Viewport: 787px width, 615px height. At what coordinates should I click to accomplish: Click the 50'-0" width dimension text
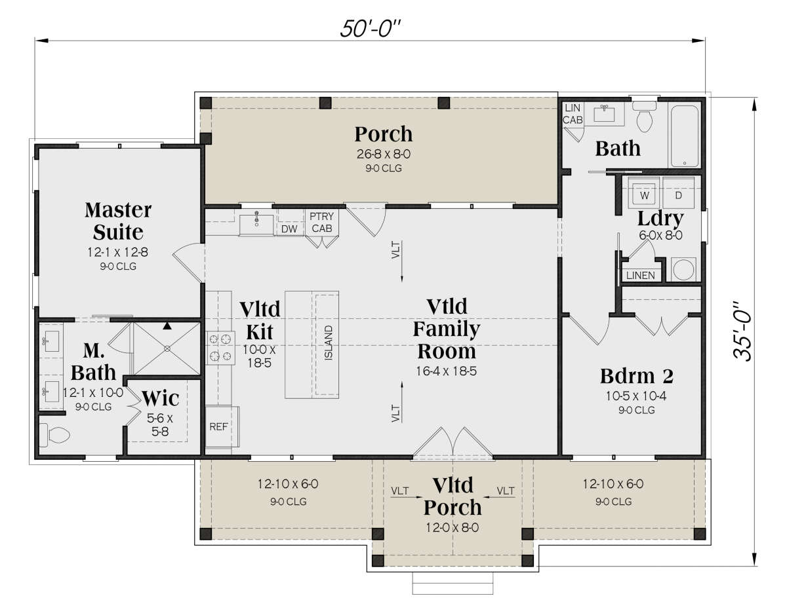coord(371,29)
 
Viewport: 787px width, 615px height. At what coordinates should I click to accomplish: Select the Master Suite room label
coord(118,221)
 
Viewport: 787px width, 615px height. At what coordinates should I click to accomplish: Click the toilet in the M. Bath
coord(54,435)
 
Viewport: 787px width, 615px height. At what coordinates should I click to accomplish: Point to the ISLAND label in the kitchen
coord(328,343)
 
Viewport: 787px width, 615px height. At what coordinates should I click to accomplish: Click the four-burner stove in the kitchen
coord(220,348)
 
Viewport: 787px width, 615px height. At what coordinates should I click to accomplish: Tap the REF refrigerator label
coord(218,426)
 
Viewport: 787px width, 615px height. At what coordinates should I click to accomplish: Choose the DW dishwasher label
coord(289,229)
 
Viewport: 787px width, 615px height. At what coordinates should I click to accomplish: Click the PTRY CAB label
coord(321,222)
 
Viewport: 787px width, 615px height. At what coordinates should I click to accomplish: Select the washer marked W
coord(645,195)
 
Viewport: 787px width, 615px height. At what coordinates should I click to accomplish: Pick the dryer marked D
coord(678,195)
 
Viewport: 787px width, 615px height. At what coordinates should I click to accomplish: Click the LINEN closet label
coord(640,276)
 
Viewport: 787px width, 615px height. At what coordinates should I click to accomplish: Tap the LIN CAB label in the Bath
coord(573,113)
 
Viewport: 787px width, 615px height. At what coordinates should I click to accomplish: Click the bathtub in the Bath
coord(685,136)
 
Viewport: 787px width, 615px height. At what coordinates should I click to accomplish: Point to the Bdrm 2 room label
coord(637,376)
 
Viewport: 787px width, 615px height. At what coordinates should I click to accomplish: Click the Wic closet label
coord(161,398)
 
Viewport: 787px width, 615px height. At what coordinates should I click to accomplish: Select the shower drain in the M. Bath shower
coord(167,349)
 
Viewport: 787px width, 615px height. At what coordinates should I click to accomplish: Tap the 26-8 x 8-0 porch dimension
coord(384,154)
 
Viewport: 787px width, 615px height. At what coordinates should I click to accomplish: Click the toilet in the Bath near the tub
coord(644,117)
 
